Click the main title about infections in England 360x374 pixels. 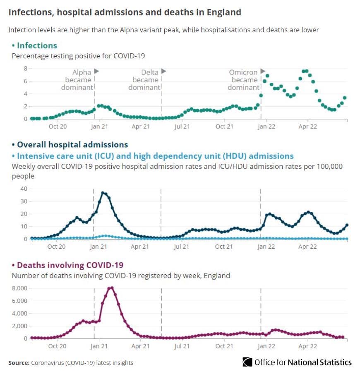(125, 12)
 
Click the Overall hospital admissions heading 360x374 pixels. (70, 144)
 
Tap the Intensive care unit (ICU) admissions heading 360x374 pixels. (153, 156)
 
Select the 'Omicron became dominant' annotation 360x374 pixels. (245, 79)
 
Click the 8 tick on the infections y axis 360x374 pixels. (25, 69)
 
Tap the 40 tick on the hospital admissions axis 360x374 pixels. (24, 189)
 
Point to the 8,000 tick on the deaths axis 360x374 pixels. (20, 288)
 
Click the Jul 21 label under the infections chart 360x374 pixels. (182, 127)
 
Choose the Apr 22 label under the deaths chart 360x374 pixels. (308, 346)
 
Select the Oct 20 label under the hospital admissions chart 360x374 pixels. (57, 247)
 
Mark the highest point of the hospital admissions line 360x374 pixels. (103, 193)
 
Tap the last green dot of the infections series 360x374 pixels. (345, 98)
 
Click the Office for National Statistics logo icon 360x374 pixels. (247, 362)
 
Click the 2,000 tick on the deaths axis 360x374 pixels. (20, 326)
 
